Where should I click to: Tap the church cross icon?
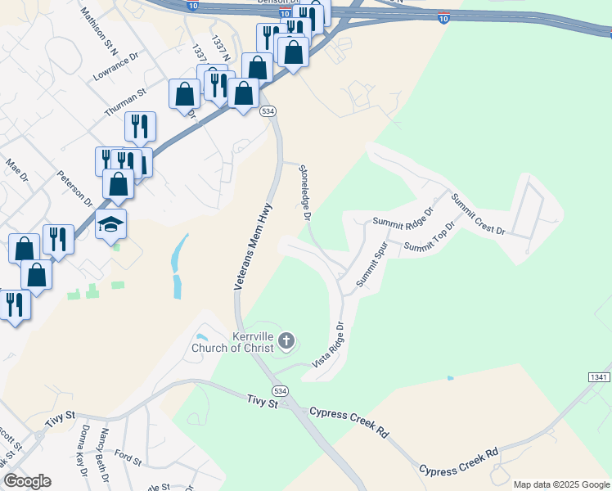pos(286,340)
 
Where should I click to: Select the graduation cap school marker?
pos(112,223)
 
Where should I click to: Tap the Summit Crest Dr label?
pos(479,215)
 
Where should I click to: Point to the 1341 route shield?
pos(598,376)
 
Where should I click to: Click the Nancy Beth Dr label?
pos(104,449)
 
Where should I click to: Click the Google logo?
pos(27,482)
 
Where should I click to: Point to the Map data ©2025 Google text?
pos(560,484)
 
